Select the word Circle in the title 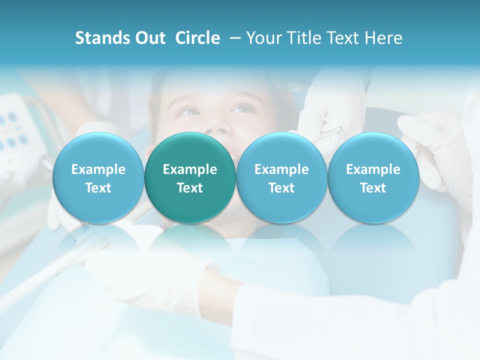coord(197,38)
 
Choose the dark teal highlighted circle coord(190,178)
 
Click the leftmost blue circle coord(98,178)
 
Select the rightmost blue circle coord(373,178)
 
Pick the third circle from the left coord(281,178)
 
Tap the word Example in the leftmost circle coord(98,169)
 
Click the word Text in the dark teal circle coord(190,188)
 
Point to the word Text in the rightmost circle coord(373,188)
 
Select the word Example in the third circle coord(281,169)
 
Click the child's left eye coord(242,108)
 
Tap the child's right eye coord(188,110)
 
